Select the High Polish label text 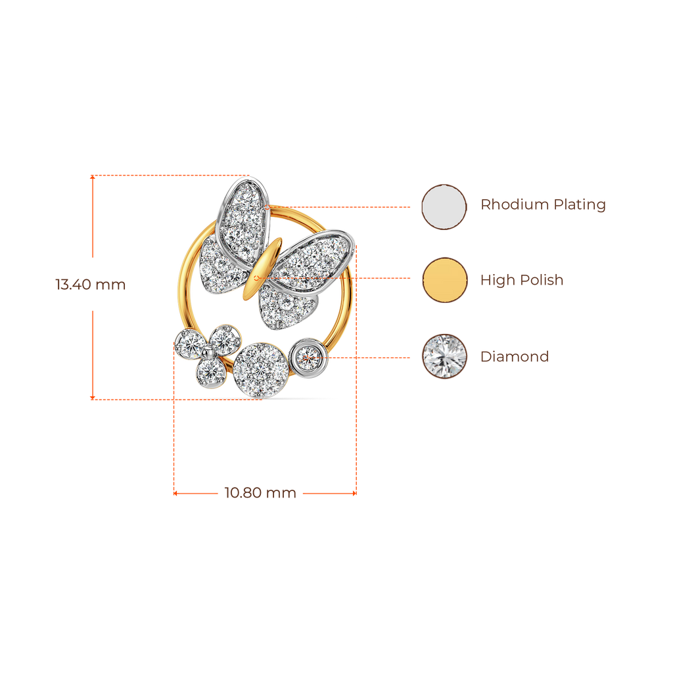(522, 281)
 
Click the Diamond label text (515, 357)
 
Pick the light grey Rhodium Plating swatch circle (444, 206)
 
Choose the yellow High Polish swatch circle (444, 280)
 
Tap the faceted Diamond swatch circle (444, 356)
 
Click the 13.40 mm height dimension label (90, 285)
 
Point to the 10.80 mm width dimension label (260, 493)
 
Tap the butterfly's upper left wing (243, 210)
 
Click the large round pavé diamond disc (261, 369)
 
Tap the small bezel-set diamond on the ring (308, 357)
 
